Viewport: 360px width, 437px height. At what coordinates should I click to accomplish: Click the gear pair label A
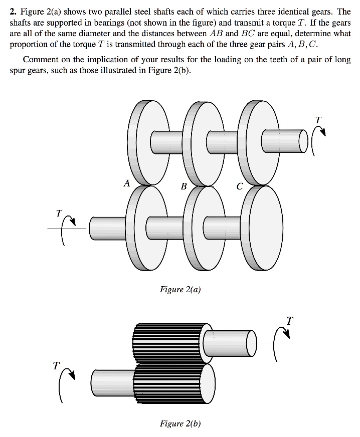(127, 183)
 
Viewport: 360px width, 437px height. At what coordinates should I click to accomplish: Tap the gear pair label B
(184, 186)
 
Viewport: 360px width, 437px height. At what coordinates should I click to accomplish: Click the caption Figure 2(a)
(180, 289)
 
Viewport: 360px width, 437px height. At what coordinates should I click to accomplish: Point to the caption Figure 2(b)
(180, 423)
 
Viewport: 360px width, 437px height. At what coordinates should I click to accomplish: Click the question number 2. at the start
(14, 12)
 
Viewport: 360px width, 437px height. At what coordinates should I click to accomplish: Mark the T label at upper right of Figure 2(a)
(318, 119)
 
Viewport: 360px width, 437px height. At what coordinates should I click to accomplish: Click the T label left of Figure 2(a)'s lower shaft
(59, 213)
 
